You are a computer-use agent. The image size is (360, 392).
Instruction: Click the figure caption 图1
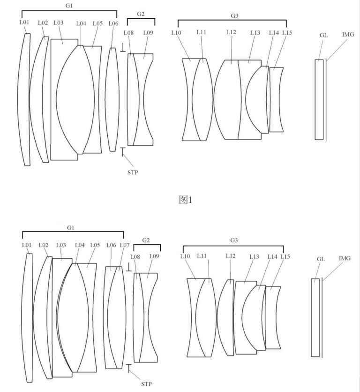point(186,200)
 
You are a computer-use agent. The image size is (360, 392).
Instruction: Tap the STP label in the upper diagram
point(133,172)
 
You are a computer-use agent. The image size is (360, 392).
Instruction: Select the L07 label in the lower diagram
point(125,245)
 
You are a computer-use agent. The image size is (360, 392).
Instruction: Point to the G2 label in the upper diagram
point(141,14)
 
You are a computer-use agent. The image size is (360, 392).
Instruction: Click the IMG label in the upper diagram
point(348,34)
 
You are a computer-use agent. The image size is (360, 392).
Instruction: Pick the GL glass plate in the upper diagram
point(319,99)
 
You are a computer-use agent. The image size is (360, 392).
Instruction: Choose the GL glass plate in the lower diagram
point(315,317)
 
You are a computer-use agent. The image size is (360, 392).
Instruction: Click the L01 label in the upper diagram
point(24,22)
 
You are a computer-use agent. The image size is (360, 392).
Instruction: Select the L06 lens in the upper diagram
point(112,99)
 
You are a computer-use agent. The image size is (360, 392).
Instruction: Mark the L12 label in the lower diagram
point(231,256)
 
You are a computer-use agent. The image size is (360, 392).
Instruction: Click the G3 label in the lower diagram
point(234,240)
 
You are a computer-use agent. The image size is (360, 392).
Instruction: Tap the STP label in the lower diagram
point(146,384)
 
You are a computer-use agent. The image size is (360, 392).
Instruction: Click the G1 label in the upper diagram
point(69,6)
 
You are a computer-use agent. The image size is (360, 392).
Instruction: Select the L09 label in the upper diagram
point(148,32)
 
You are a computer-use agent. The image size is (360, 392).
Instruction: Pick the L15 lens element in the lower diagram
point(273,317)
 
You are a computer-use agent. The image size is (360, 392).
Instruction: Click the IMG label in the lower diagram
point(345,258)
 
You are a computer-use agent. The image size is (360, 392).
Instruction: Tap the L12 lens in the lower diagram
point(226,317)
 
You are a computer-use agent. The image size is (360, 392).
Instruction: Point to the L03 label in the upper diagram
point(59,23)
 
